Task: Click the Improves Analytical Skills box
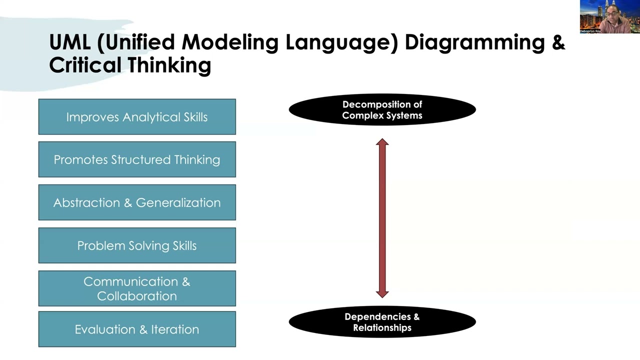click(137, 117)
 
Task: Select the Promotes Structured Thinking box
click(137, 159)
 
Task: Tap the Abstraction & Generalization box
click(137, 202)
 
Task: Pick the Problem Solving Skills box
click(137, 245)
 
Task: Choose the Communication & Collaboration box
click(137, 288)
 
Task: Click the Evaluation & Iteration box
click(137, 329)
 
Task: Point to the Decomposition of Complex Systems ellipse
click(382, 110)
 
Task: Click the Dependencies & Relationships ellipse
click(382, 322)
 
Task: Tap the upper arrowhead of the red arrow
click(382, 143)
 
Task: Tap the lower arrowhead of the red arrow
click(382, 293)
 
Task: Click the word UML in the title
click(69, 42)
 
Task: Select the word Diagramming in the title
click(474, 42)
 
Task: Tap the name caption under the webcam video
click(590, 31)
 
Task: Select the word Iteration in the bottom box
click(175, 329)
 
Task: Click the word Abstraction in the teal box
click(86, 202)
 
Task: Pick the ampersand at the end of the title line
click(558, 42)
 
